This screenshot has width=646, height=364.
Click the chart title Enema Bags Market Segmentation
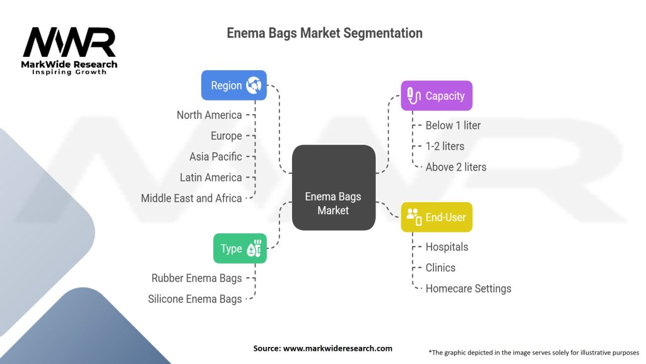point(324,33)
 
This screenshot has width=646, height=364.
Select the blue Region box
point(233,85)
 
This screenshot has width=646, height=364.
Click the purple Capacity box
point(437,96)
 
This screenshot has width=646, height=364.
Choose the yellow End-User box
point(437,217)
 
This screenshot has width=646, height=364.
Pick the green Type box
point(240,248)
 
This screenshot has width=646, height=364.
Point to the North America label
point(209,115)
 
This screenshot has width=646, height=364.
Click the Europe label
point(226,136)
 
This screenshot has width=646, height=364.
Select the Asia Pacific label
point(215,157)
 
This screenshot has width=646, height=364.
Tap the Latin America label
point(211,178)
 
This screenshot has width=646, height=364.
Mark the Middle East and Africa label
point(191,198)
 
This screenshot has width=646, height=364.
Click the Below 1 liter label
point(453,125)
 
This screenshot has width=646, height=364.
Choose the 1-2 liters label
point(445,146)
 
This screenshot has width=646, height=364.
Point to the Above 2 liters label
point(455,167)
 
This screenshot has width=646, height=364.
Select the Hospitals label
point(447,246)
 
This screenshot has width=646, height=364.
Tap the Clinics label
point(440,267)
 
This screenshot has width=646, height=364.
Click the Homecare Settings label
point(468,288)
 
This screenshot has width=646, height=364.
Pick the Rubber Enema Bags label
point(196,278)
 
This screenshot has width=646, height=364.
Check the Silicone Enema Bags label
point(194,299)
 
